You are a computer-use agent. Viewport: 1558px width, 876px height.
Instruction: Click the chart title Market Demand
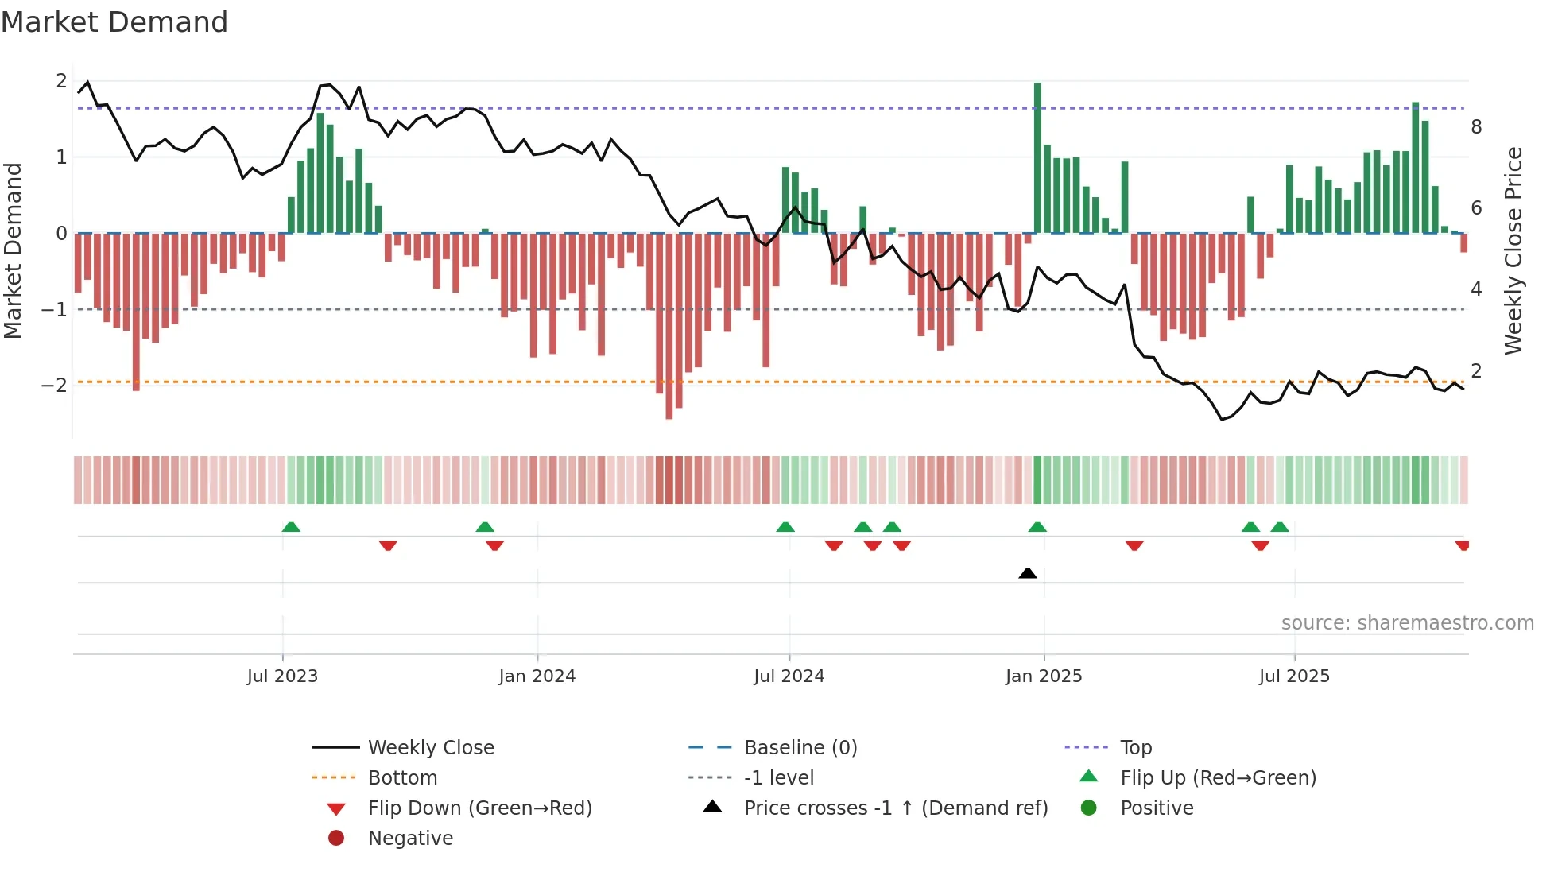click(114, 22)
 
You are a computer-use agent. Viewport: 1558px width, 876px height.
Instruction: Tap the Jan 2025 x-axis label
click(1043, 676)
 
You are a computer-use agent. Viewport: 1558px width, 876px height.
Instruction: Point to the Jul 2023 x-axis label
click(282, 676)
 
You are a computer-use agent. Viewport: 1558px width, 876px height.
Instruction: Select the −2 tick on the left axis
click(54, 386)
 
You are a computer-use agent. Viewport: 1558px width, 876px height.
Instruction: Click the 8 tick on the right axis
click(1476, 127)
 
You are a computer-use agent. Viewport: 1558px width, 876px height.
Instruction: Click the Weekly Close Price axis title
click(1513, 250)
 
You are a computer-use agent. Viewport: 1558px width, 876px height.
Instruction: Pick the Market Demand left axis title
click(14, 250)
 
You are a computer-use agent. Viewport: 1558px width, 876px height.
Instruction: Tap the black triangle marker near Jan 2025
click(1027, 573)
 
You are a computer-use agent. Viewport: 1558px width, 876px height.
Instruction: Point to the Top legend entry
click(1136, 748)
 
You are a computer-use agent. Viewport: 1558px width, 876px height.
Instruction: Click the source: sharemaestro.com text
click(1407, 623)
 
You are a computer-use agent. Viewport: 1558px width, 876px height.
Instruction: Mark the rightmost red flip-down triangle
click(1462, 545)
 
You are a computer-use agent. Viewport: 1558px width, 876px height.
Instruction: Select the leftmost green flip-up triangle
click(291, 527)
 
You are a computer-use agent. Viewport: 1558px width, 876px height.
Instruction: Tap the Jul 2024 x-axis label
click(789, 676)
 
